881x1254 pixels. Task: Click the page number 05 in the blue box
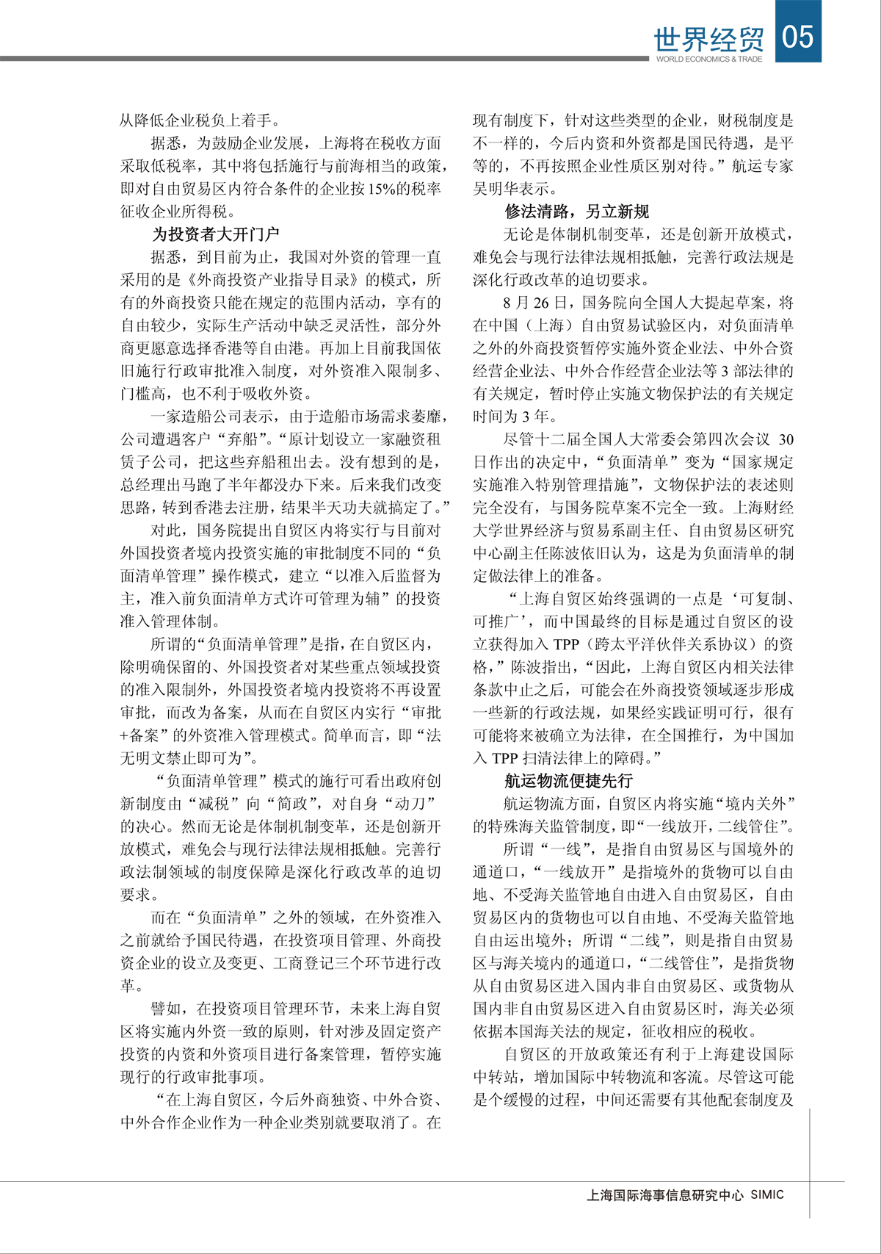[x=798, y=35]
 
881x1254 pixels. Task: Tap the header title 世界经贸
[x=708, y=39]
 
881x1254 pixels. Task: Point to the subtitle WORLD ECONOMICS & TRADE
[x=708, y=60]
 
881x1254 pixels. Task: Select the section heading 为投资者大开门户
[x=215, y=234]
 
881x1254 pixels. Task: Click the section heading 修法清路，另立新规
[x=576, y=212]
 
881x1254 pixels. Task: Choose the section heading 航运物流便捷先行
[x=568, y=781]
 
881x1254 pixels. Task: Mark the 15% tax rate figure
[x=383, y=189]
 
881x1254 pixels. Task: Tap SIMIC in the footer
[x=766, y=1194]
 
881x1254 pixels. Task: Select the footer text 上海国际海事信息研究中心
[x=664, y=1195]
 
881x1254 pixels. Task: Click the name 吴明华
[x=496, y=189]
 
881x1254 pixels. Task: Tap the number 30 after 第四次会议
[x=785, y=439]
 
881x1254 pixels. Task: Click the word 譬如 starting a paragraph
[x=165, y=1009]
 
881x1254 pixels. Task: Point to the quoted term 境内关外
[x=753, y=804]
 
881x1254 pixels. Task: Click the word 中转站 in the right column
[x=496, y=1077]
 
